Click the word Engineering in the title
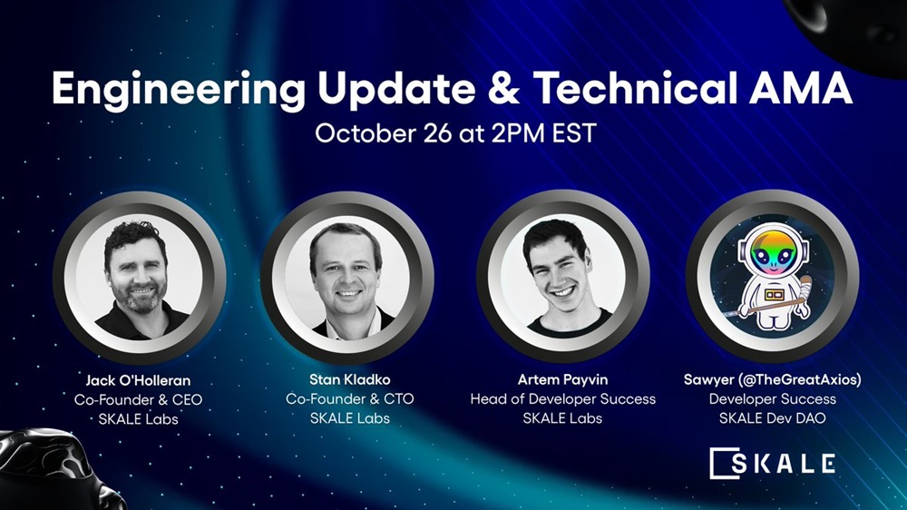(x=178, y=91)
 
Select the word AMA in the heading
(x=800, y=89)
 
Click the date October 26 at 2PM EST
(x=455, y=133)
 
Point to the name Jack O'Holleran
(x=138, y=380)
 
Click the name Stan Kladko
(x=350, y=379)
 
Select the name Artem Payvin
(x=562, y=379)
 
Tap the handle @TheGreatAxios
(x=799, y=379)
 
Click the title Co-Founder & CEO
(x=138, y=399)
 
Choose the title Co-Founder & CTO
(x=350, y=399)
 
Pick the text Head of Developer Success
(x=563, y=399)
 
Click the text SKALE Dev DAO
(x=773, y=418)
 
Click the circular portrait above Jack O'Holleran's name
(x=139, y=279)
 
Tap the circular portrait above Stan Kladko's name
(x=347, y=279)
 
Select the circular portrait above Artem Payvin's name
(x=563, y=279)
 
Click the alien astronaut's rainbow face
(x=773, y=253)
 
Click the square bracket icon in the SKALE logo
(x=724, y=463)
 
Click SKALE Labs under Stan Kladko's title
(x=350, y=418)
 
